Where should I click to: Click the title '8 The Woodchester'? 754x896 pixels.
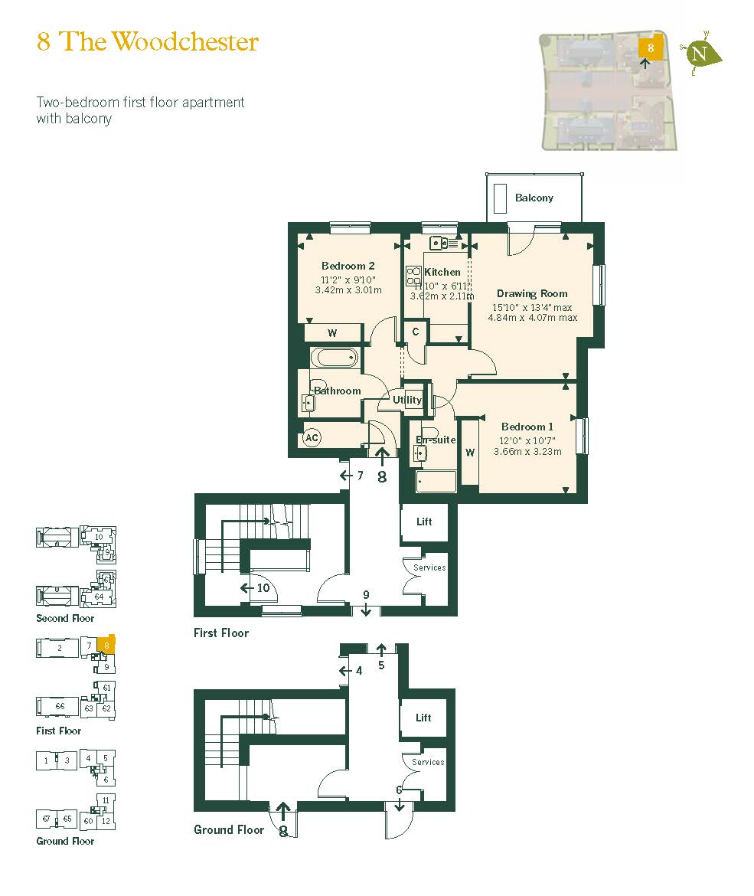pos(148,41)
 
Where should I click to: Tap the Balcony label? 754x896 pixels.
pos(534,198)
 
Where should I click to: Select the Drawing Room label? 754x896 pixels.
pos(532,293)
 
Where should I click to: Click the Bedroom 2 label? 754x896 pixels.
pos(348,266)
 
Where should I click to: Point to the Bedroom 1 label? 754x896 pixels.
pos(527,427)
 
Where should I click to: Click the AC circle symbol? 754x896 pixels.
pos(312,438)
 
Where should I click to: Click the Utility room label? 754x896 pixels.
pos(407,400)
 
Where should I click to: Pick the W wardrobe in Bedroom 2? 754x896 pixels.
pos(332,333)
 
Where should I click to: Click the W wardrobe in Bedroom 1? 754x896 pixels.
pos(470,453)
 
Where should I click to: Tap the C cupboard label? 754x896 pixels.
pos(416,332)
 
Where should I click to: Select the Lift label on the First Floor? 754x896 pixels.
pos(424,522)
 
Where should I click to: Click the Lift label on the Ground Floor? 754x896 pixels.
pos(423,718)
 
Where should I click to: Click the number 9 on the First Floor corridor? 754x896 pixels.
pos(366,594)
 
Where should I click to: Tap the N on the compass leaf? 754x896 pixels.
pos(699,54)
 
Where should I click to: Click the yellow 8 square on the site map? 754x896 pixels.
pos(651,47)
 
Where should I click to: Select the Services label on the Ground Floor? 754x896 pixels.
pos(428,762)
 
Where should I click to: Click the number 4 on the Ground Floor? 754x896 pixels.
pos(358,671)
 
